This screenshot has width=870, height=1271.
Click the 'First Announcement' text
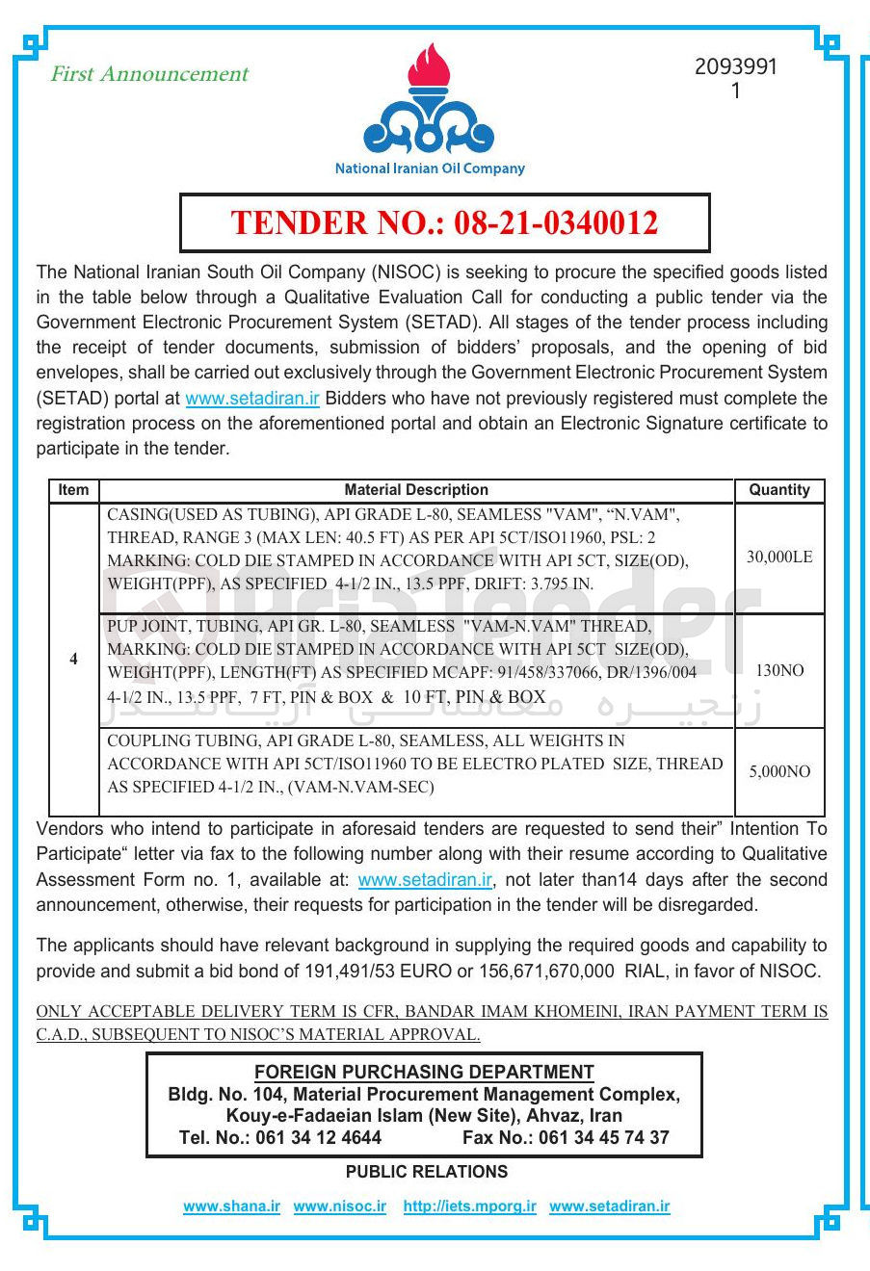pyautogui.click(x=149, y=74)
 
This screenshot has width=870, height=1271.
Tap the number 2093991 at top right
pyautogui.click(x=735, y=67)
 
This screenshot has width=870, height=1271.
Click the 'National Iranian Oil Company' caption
pyautogui.click(x=430, y=169)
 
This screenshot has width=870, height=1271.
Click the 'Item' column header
pyautogui.click(x=73, y=490)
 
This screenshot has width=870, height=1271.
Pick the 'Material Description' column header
pyautogui.click(x=416, y=490)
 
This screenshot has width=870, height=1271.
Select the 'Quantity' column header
pyautogui.click(x=778, y=490)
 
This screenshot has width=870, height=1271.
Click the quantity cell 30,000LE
pyautogui.click(x=778, y=558)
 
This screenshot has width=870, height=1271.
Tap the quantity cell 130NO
pyautogui.click(x=778, y=671)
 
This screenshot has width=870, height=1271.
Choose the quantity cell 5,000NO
pyautogui.click(x=778, y=772)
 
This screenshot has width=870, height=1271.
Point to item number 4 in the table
pyautogui.click(x=73, y=660)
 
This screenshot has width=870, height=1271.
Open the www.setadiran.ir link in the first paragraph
pyautogui.click(x=252, y=399)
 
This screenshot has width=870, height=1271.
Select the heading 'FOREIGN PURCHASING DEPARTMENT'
pyautogui.click(x=424, y=1073)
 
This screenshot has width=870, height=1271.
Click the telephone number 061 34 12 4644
pyautogui.click(x=318, y=1138)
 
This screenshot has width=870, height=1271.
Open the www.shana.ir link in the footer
pyautogui.click(x=231, y=1206)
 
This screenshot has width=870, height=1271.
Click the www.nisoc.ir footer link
pyautogui.click(x=339, y=1206)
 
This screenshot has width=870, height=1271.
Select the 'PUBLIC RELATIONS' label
pyautogui.click(x=426, y=1172)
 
